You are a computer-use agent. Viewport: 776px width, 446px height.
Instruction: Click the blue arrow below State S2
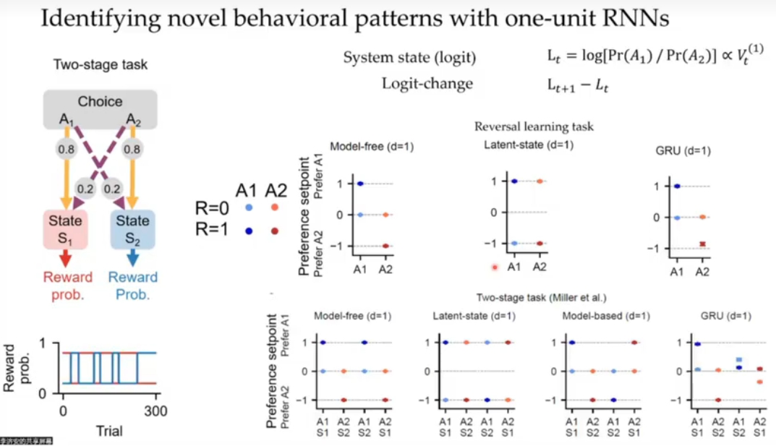tap(133, 258)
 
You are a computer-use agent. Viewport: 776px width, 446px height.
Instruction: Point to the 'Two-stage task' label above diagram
tap(100, 64)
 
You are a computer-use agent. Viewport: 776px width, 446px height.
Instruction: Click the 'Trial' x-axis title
tap(108, 431)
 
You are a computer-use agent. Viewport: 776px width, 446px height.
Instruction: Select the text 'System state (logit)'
tap(409, 58)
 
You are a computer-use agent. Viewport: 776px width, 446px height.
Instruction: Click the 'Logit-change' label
tap(427, 84)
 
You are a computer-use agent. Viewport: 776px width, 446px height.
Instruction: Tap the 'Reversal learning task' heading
tap(534, 126)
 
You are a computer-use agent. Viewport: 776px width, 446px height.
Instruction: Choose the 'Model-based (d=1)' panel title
tap(605, 316)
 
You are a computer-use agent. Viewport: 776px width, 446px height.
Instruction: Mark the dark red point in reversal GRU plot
tap(702, 244)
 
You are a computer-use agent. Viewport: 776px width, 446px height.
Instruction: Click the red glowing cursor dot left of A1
tap(495, 267)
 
